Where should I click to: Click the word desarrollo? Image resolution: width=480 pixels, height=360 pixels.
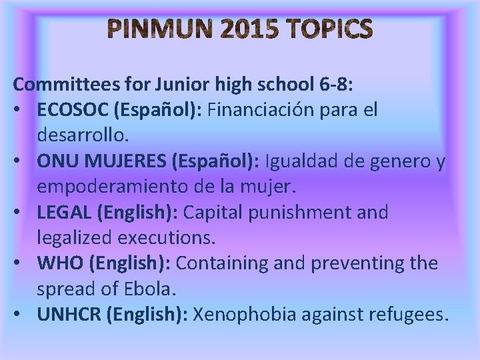coord(82,135)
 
